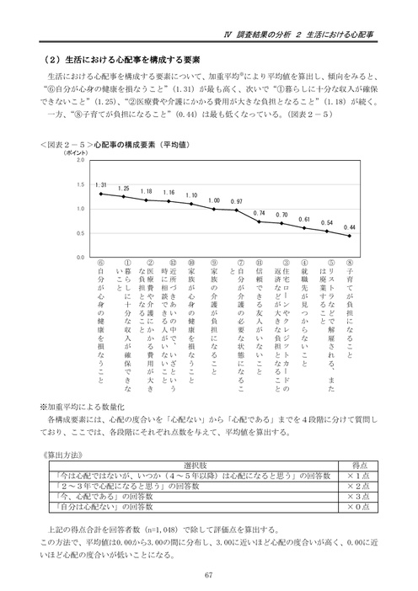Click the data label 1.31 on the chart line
pyautogui.click(x=100, y=185)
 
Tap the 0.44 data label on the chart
pyautogui.click(x=350, y=226)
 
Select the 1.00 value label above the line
pyautogui.click(x=214, y=200)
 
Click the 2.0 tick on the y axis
pyautogui.click(x=80, y=160)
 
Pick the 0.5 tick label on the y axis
pyautogui.click(x=80, y=232)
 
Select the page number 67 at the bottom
pyautogui.click(x=208, y=574)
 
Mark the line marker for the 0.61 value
pyautogui.click(x=304, y=227)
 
